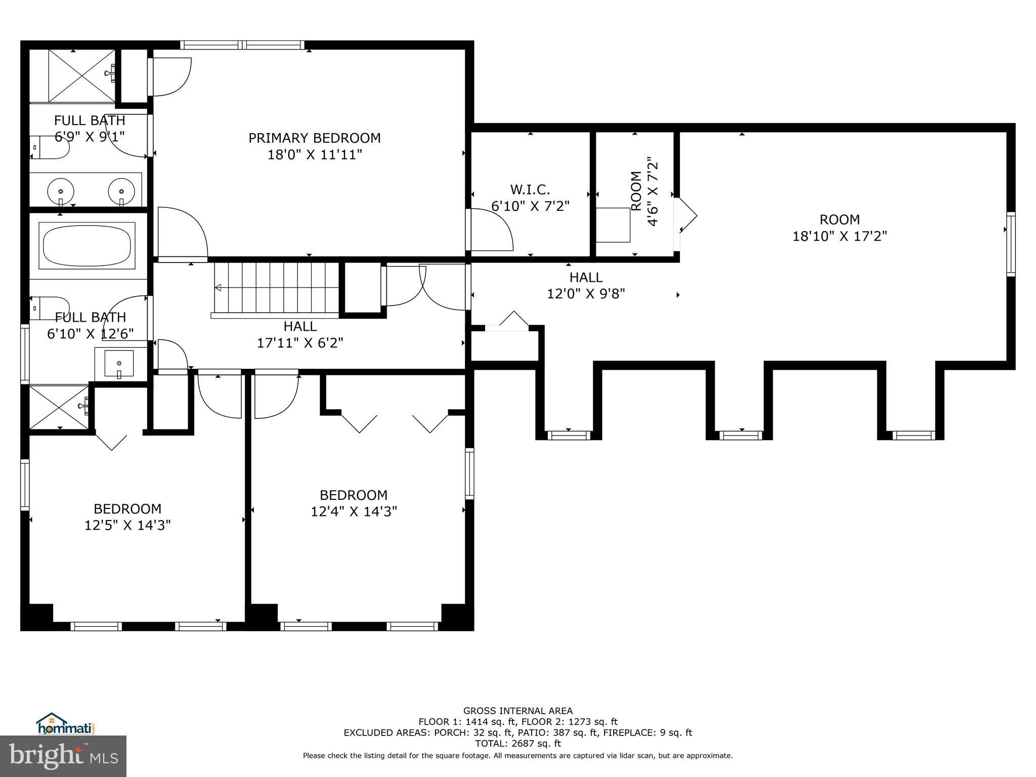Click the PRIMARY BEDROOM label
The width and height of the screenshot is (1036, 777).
click(x=314, y=138)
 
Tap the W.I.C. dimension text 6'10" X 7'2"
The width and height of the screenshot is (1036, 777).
click(x=530, y=206)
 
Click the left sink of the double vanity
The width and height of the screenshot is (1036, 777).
click(x=61, y=191)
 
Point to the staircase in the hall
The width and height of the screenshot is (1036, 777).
click(x=276, y=287)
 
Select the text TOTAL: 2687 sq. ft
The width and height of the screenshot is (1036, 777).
click(x=517, y=744)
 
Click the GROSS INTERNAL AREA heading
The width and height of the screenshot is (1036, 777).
click(x=517, y=711)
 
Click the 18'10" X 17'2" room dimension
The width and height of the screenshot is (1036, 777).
click(x=839, y=236)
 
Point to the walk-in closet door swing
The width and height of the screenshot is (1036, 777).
click(x=490, y=230)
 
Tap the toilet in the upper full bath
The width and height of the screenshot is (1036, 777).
click(x=49, y=147)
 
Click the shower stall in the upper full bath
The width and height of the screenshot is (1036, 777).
click(x=81, y=76)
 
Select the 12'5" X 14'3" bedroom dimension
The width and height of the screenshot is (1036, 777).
click(x=127, y=525)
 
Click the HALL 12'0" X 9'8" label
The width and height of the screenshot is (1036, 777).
click(x=586, y=285)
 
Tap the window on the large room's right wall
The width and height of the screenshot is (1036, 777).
click(x=1010, y=244)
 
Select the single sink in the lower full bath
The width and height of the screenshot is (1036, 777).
click(x=119, y=363)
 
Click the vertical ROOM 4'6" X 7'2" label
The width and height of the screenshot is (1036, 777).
click(x=644, y=191)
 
